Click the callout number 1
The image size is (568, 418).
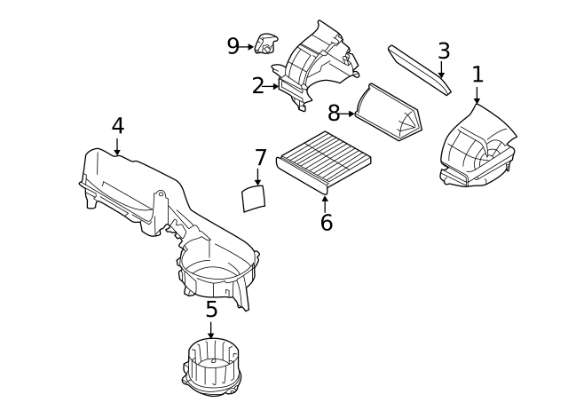click(x=477, y=75)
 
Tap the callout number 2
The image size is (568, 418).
click(x=258, y=86)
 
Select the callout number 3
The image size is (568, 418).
click(x=444, y=51)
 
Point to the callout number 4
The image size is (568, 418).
click(x=118, y=126)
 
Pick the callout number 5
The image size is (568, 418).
click(x=211, y=310)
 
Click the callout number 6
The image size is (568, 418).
click(x=326, y=222)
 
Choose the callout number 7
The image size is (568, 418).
click(x=260, y=158)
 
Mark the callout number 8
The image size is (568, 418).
click(x=334, y=113)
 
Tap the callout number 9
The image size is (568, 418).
click(x=233, y=46)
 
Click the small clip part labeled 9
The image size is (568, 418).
click(x=266, y=43)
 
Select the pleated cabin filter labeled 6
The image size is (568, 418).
click(x=323, y=161)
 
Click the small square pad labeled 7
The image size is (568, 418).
click(x=254, y=198)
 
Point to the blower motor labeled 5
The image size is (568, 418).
click(x=211, y=367)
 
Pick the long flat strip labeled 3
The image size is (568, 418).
click(x=420, y=69)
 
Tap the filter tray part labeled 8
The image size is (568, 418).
click(x=389, y=112)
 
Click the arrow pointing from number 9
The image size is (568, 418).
click(x=247, y=47)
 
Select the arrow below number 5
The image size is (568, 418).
click(x=211, y=330)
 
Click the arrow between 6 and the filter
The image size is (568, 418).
click(x=325, y=204)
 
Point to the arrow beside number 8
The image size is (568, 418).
click(x=347, y=114)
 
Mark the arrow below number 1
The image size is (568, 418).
click(x=477, y=95)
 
